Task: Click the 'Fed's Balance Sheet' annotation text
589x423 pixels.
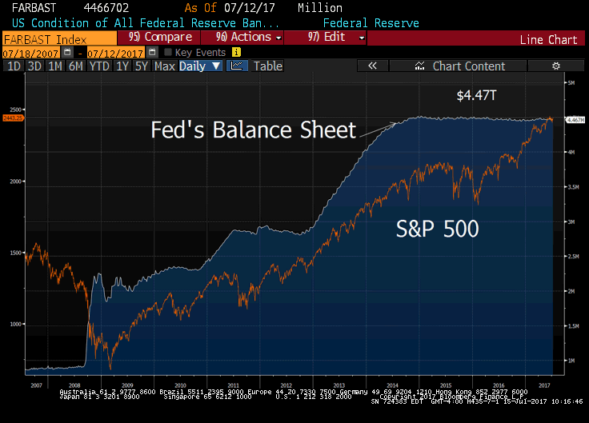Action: click(253, 130)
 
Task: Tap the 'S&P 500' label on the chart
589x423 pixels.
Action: click(438, 229)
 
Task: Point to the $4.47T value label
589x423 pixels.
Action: click(477, 95)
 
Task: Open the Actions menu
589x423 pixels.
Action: click(243, 38)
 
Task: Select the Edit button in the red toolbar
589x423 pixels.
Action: click(327, 38)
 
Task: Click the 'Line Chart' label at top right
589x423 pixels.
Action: click(548, 39)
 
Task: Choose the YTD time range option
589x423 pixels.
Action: click(100, 66)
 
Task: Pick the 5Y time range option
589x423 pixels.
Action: click(141, 66)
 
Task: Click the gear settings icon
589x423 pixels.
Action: click(556, 66)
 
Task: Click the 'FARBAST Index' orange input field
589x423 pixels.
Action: click(58, 38)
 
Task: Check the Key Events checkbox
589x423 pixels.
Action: click(167, 52)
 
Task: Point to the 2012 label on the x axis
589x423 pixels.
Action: click(287, 385)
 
